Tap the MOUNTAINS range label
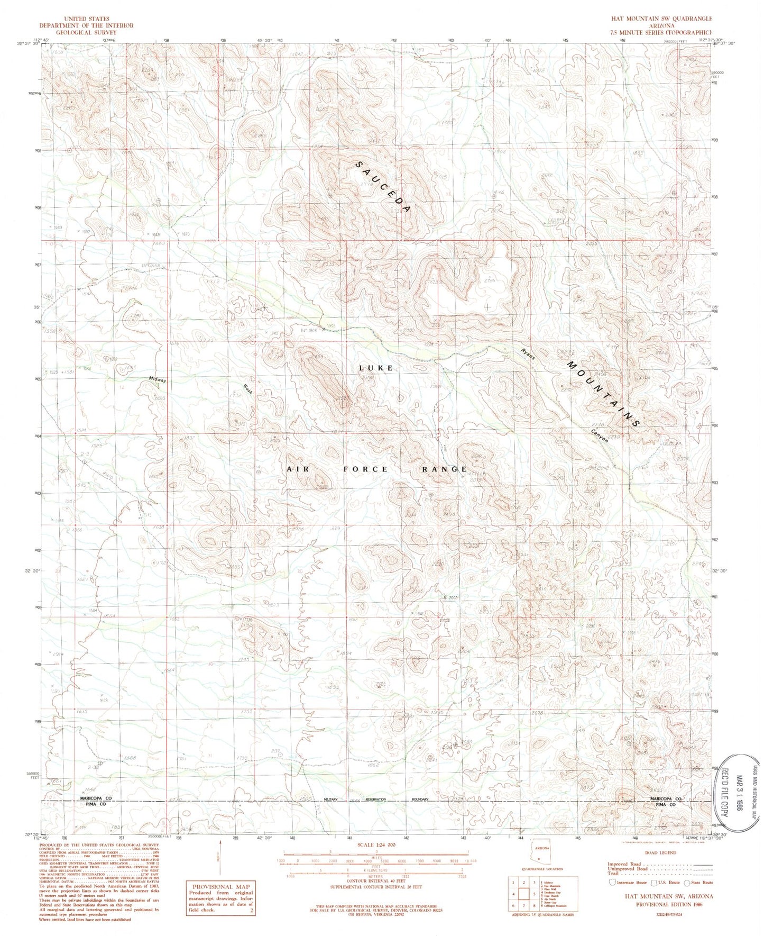click(603, 394)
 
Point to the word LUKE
click(376, 368)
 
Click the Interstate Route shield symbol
click(612, 882)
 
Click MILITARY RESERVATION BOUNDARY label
click(375, 799)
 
